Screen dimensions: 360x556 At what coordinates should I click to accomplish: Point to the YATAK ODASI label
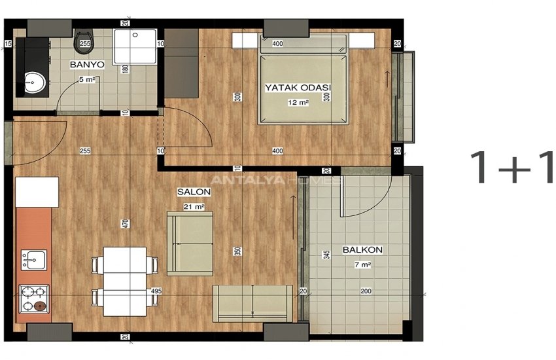[x=298, y=88]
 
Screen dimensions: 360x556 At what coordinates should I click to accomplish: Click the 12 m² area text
[x=298, y=102]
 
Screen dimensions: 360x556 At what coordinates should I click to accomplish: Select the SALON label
[x=194, y=192]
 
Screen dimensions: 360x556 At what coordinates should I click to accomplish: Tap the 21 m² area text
[x=194, y=206]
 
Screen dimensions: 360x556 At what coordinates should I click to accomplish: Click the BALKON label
[x=362, y=250]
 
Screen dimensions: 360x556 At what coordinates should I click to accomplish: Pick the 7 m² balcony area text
[x=362, y=265]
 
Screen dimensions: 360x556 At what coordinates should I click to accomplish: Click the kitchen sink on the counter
[x=33, y=260]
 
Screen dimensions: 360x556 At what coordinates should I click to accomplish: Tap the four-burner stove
[x=33, y=299]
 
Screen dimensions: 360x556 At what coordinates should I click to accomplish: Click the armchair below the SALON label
[x=190, y=243]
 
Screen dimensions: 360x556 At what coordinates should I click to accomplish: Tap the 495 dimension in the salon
[x=156, y=291]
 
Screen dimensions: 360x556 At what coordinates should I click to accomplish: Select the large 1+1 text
[x=511, y=168]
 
